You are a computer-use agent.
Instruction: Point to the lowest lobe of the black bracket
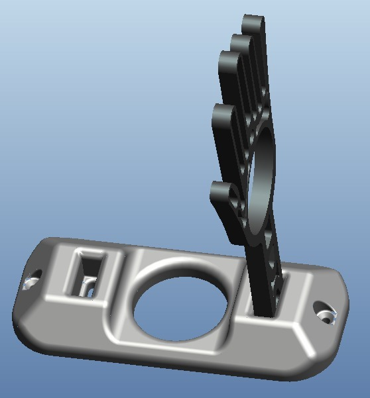click(221, 193)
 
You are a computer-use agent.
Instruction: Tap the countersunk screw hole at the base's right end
click(324, 311)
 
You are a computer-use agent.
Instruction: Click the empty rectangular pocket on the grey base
click(87, 274)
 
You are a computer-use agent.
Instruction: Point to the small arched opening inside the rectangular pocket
click(86, 287)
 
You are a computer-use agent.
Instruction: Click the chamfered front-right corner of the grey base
click(302, 344)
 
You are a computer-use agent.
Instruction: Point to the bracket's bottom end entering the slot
click(265, 301)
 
